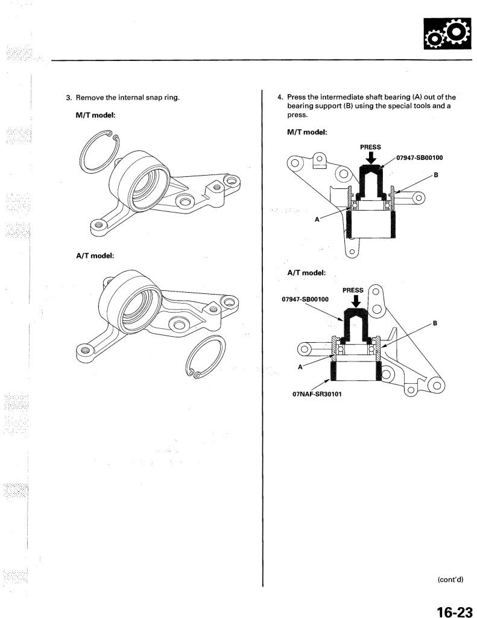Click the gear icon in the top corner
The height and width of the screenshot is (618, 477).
(447, 34)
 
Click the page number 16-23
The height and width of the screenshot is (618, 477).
(454, 611)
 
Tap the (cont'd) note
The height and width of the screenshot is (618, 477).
(450, 579)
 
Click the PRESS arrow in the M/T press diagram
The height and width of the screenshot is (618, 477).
(371, 158)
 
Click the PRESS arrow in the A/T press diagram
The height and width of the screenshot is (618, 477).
(356, 301)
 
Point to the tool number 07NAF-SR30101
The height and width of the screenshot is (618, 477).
(317, 393)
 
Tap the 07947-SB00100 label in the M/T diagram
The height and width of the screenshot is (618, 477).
(420, 158)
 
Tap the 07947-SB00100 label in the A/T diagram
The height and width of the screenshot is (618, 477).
(305, 299)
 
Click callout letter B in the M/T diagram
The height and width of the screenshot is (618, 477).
(436, 174)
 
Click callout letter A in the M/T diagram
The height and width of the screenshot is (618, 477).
(317, 220)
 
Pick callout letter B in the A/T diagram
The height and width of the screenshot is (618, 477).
(435, 323)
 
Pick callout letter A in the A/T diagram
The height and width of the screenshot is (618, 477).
(300, 367)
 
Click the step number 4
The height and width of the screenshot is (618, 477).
(280, 97)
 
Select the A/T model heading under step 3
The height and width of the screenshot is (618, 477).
(95, 255)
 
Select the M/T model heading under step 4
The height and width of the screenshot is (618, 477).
(307, 132)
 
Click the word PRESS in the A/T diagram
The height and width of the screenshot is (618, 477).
(353, 290)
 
